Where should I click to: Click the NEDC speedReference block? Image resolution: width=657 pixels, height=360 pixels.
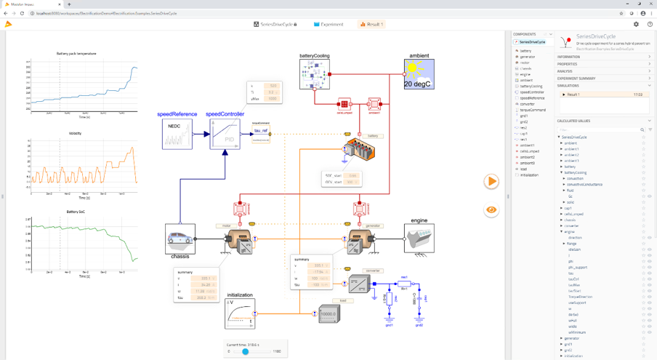tap(177, 135)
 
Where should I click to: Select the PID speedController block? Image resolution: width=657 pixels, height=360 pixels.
tap(225, 135)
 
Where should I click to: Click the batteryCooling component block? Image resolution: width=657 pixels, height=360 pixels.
tap(315, 75)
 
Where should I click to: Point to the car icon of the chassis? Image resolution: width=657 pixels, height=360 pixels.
tap(180, 238)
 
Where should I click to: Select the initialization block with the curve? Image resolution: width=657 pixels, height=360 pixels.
tap(240, 313)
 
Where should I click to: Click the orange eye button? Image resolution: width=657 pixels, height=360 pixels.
tap(491, 209)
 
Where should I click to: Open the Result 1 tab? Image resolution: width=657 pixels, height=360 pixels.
tap(371, 24)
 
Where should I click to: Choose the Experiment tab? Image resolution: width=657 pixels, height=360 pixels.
tap(328, 24)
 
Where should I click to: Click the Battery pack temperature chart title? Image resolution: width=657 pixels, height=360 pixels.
tap(81, 54)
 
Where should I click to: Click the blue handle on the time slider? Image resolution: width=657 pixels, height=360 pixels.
tap(246, 351)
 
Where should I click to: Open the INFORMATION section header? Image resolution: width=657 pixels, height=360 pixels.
tap(568, 57)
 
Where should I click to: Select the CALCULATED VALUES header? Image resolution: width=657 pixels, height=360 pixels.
tap(574, 121)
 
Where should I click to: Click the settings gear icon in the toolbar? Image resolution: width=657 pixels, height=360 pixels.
tap(636, 24)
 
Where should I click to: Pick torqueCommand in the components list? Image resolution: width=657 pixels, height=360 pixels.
tap(533, 110)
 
